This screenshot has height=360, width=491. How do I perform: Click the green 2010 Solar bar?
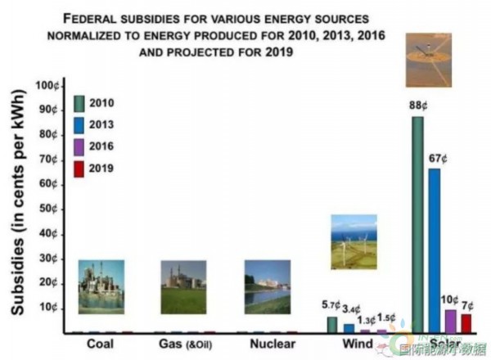pos(417,225)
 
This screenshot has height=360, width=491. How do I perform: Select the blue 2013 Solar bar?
pos(434,250)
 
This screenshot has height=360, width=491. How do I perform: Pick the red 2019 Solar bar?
pos(466,324)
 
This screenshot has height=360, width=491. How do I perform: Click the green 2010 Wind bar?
pos(332,325)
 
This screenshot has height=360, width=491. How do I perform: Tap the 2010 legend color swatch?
pos(79,103)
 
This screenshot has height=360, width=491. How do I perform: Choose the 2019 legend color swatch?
pos(79,169)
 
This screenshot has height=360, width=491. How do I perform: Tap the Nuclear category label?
pos(268,344)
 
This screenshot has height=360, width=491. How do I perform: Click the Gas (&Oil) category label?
pos(187,344)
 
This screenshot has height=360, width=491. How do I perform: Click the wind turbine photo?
pos(354,241)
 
